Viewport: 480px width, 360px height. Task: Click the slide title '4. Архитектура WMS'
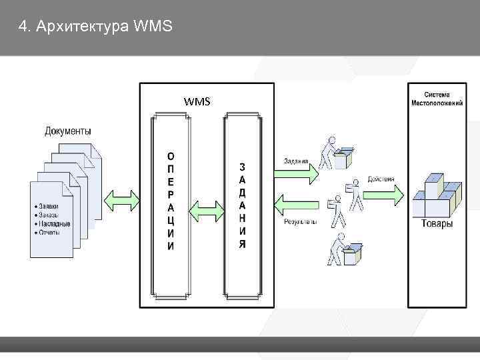point(96,27)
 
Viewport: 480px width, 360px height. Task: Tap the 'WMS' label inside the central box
point(197,101)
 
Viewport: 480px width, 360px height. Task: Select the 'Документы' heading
point(68,131)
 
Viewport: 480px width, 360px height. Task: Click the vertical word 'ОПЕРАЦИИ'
point(171,200)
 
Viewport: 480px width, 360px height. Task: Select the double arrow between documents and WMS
point(122,199)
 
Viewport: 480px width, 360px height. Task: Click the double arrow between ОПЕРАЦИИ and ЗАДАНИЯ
point(207,211)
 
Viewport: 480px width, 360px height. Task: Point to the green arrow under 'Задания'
point(296,173)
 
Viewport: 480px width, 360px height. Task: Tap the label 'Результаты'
point(300,221)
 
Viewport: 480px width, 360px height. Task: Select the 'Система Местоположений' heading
point(437,99)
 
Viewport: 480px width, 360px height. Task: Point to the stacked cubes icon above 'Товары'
point(437,195)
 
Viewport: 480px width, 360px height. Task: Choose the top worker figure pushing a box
point(336,154)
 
